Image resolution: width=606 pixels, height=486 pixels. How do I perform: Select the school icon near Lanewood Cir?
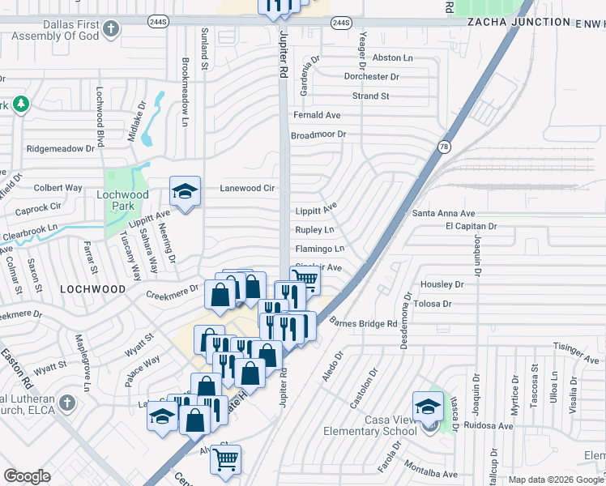tap(186, 192)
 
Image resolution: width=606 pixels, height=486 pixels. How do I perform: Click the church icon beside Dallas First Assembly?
tap(112, 29)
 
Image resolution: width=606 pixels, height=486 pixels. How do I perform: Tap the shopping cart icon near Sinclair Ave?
tap(305, 280)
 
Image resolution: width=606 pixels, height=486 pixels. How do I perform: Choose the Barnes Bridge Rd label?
tap(363, 323)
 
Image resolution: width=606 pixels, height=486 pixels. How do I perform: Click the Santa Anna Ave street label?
tap(443, 213)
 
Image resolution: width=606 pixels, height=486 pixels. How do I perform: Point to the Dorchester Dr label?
tap(372, 77)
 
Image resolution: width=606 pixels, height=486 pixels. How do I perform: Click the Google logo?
tap(28, 476)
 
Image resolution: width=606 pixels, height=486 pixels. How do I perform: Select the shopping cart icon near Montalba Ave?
tap(225, 459)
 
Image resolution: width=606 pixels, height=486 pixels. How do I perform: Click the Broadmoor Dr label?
tap(318, 134)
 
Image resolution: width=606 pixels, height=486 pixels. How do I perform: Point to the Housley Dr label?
tap(442, 285)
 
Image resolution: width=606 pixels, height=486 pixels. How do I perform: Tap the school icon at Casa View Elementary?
tap(428, 407)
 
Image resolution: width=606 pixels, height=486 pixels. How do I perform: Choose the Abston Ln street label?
tap(392, 58)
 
